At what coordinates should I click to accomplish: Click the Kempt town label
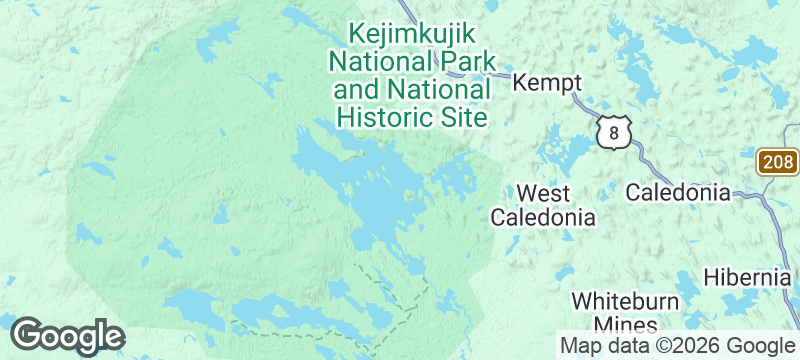547,84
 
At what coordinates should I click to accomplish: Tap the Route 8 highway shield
613,133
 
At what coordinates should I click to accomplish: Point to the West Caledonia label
543,205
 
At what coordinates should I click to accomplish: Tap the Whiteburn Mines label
626,313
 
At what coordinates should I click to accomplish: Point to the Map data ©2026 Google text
676,346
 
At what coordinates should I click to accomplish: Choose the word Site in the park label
464,118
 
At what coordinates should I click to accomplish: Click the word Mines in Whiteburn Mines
626,325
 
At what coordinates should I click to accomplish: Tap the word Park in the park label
466,61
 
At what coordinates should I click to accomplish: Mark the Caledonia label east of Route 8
678,193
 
